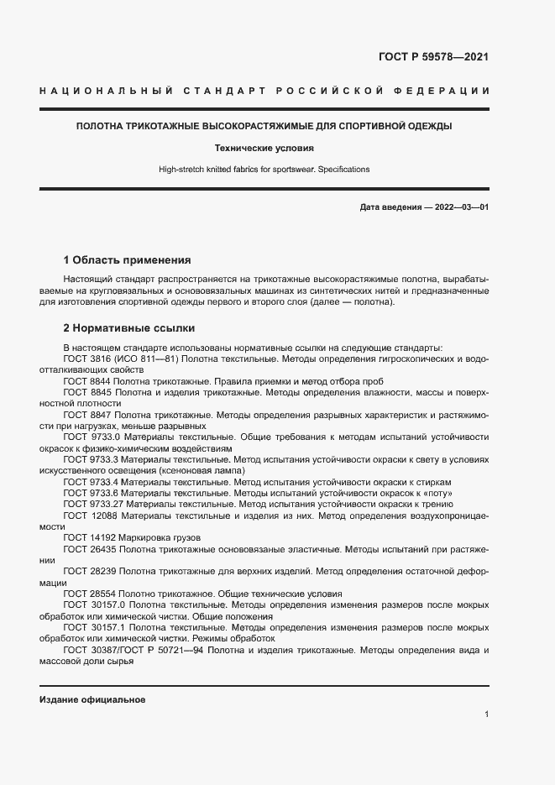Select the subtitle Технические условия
coord(264,148)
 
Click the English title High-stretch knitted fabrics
coord(264,170)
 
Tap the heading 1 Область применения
coord(127,259)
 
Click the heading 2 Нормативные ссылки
coord(129,328)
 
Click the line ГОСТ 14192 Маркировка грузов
coord(132,537)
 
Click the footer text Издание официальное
coord(92,699)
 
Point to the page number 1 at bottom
coord(486,714)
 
